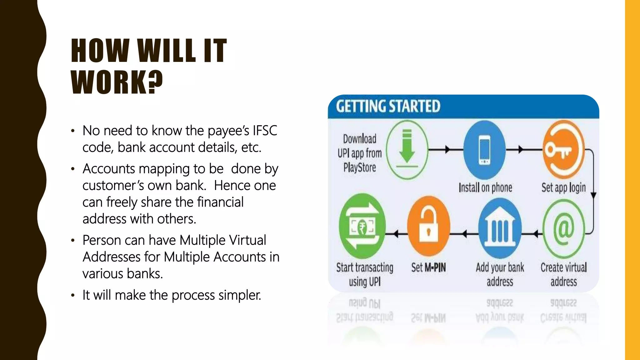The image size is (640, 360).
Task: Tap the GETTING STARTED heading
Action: tap(388, 106)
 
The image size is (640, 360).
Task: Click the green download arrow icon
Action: tap(407, 150)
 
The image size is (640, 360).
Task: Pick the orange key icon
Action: tap(563, 149)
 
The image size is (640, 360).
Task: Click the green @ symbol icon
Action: tap(563, 229)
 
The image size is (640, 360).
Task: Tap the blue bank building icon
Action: tap(500, 229)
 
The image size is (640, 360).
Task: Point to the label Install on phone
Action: tap(485, 187)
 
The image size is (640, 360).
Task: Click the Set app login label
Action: tap(563, 187)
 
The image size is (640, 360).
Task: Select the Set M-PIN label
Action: tap(428, 267)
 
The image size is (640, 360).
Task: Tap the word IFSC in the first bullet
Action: tap(265, 131)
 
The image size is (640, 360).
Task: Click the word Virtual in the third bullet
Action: tap(247, 240)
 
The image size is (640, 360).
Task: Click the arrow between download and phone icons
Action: tap(447, 149)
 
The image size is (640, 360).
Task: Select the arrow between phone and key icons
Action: tap(520, 149)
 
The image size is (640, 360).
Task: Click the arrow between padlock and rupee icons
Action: tap(396, 233)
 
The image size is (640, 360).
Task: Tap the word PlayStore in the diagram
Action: tap(360, 167)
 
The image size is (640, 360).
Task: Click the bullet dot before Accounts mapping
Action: tap(72, 169)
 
